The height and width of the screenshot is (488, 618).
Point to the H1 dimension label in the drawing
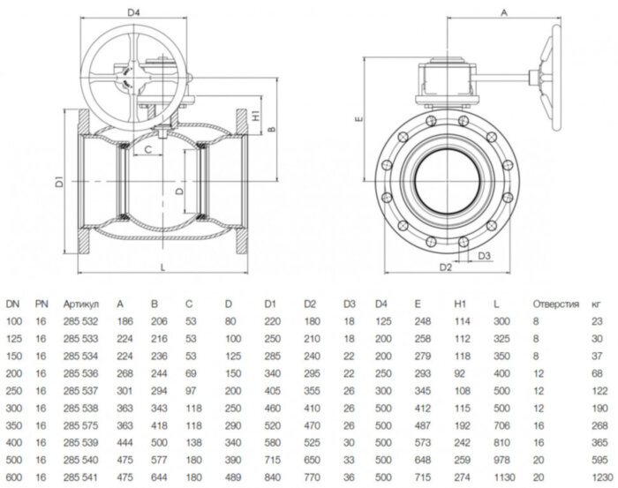(x=254, y=115)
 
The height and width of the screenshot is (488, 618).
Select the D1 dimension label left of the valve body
(x=58, y=184)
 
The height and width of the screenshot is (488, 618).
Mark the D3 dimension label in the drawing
(x=485, y=256)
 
